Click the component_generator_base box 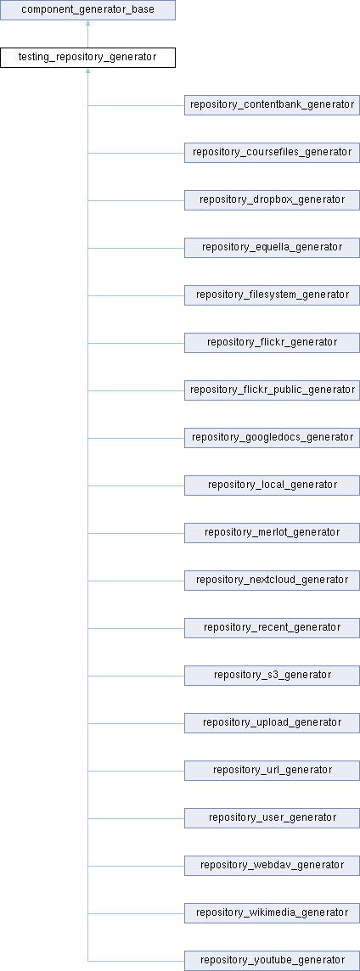click(x=87, y=10)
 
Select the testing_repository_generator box click(x=87, y=58)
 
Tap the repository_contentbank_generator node click(x=272, y=105)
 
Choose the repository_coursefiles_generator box click(x=272, y=152)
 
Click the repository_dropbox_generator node click(x=272, y=200)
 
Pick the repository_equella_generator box click(x=272, y=248)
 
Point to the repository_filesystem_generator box click(x=272, y=295)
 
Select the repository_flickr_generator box click(x=272, y=342)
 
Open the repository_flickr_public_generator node click(x=272, y=390)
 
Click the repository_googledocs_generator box click(x=272, y=438)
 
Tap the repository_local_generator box click(x=272, y=485)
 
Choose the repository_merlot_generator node click(x=272, y=532)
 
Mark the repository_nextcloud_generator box click(x=272, y=581)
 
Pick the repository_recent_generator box click(x=272, y=628)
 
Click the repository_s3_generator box click(x=272, y=675)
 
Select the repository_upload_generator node click(x=272, y=722)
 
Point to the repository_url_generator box click(x=272, y=771)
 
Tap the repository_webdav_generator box click(x=272, y=865)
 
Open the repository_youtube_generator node click(x=272, y=961)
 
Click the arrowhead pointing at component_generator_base click(x=88, y=24)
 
